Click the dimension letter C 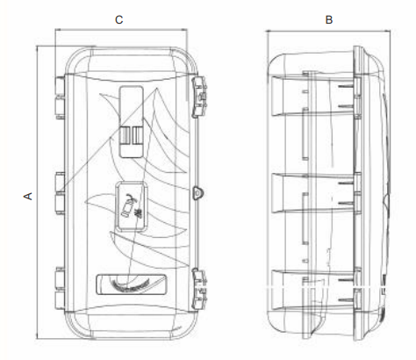(x=118, y=20)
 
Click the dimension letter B (x=329, y=20)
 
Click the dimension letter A (x=28, y=196)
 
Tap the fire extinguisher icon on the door (x=128, y=205)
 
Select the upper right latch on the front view (x=199, y=97)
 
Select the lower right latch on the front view (x=199, y=290)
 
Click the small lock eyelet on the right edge (x=197, y=193)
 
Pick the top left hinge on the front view (x=60, y=97)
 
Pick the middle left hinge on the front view (x=60, y=193)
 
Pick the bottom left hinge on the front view (x=60, y=288)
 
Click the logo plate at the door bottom (x=132, y=284)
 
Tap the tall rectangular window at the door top (x=132, y=122)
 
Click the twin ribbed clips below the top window (x=132, y=135)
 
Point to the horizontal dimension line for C (x=121, y=29)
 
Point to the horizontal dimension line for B (x=328, y=31)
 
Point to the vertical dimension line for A (x=37, y=192)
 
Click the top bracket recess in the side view (x=313, y=96)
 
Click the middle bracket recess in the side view (x=313, y=193)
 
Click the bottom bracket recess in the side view (x=313, y=290)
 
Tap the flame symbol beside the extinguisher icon (x=139, y=212)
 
